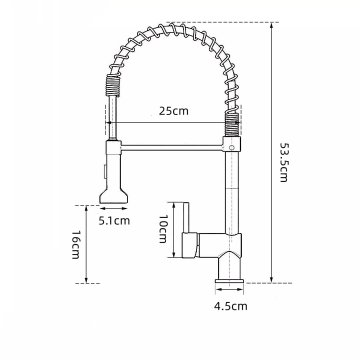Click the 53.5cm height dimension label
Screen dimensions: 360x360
click(283, 162)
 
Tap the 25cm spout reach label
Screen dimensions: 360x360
click(173, 111)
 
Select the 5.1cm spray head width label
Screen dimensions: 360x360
click(114, 220)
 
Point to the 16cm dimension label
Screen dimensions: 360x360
click(75, 244)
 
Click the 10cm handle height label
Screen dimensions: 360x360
click(163, 228)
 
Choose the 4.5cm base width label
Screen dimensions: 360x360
click(231, 306)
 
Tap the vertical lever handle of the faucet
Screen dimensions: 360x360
click(186, 217)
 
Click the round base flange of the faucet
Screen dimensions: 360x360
click(229, 282)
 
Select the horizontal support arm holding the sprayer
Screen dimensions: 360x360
click(172, 148)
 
